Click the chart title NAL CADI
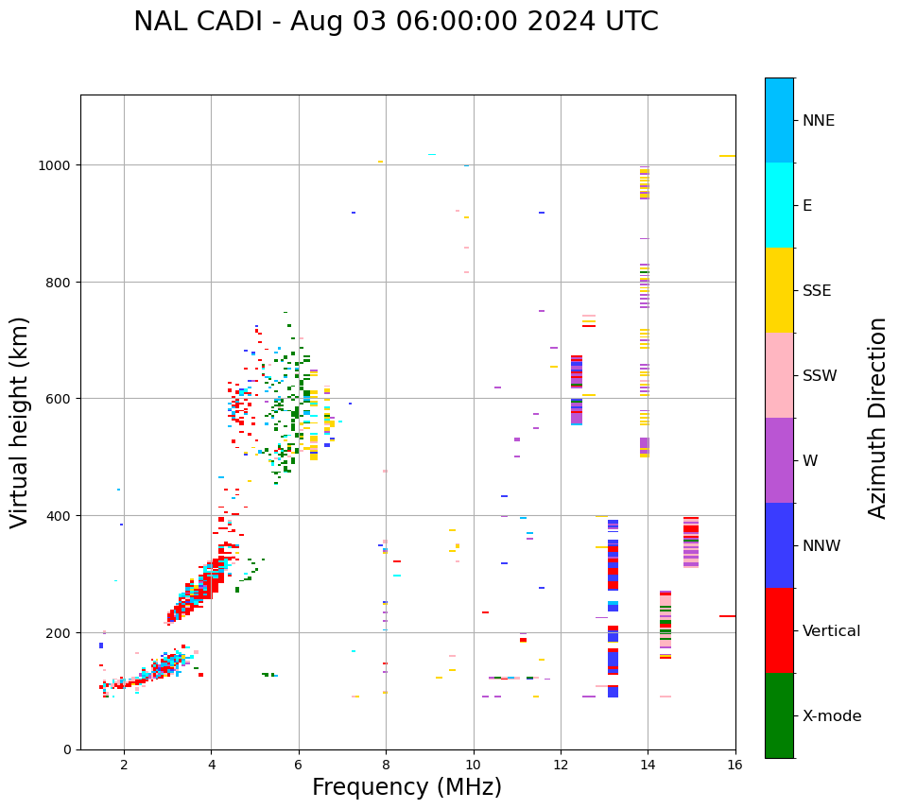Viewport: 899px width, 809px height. tap(395, 22)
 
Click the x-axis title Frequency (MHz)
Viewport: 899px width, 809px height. tap(406, 787)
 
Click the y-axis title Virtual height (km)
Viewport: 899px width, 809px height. tap(20, 422)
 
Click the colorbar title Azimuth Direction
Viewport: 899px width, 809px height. tap(878, 418)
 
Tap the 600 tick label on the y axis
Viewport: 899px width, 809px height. tap(62, 399)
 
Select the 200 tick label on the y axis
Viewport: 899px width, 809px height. tap(62, 632)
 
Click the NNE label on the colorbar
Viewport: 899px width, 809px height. tap(819, 121)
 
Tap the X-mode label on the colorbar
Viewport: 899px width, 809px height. tap(832, 716)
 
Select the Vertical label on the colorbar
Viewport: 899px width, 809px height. tap(832, 631)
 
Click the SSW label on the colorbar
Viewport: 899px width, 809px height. tap(820, 376)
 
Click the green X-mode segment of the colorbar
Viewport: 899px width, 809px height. tap(779, 715)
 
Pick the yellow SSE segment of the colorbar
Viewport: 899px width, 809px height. tap(779, 290)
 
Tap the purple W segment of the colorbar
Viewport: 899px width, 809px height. tap(779, 460)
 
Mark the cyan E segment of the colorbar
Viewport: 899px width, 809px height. tap(779, 205)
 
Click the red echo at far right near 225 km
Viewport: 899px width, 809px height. tap(727, 616)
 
